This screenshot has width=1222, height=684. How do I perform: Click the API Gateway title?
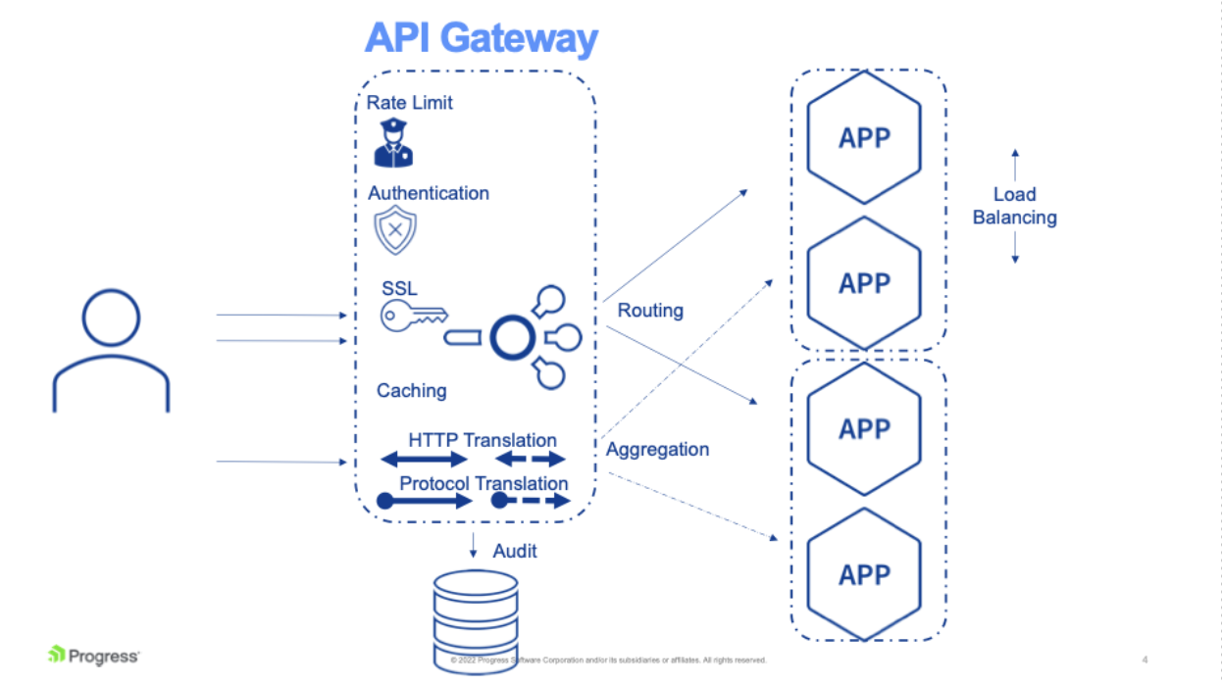pos(481,38)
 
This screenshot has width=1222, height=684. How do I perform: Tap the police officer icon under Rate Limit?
pos(393,143)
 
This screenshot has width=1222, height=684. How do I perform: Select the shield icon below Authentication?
pos(395,231)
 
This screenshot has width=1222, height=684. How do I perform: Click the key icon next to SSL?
pos(413,316)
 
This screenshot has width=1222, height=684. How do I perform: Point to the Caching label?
pos(411,391)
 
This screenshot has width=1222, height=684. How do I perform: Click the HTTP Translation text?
pos(482,440)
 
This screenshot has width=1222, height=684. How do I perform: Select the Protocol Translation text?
pos(484,483)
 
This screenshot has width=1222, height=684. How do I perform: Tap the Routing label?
pos(650,311)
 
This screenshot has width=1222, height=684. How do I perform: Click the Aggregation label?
pos(657,450)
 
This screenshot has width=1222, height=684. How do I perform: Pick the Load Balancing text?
pos(1014,206)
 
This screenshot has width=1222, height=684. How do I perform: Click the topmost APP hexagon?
pos(864,137)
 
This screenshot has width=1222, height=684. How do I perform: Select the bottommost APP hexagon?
pos(864,574)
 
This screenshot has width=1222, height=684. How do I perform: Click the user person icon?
pos(111,350)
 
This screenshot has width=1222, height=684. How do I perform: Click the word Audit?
pos(515,551)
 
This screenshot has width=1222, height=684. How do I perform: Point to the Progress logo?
pos(94,656)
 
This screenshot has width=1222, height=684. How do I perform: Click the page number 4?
pos(1146,659)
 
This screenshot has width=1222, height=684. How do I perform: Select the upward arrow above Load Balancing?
pos(1015,163)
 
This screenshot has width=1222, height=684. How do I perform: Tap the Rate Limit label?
pos(410,103)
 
